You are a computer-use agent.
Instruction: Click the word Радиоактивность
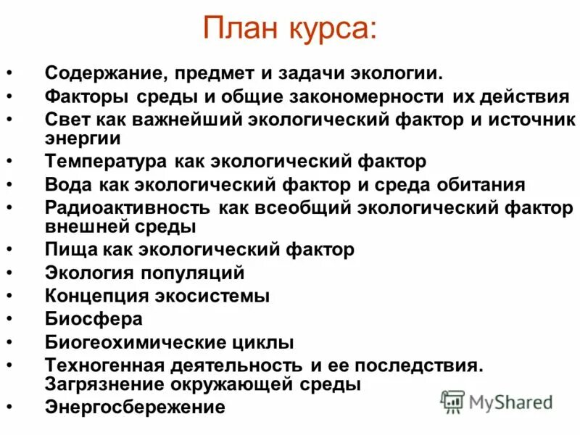(x=128, y=207)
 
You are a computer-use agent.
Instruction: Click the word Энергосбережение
(x=135, y=407)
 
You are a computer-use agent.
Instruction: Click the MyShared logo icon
(x=453, y=401)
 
